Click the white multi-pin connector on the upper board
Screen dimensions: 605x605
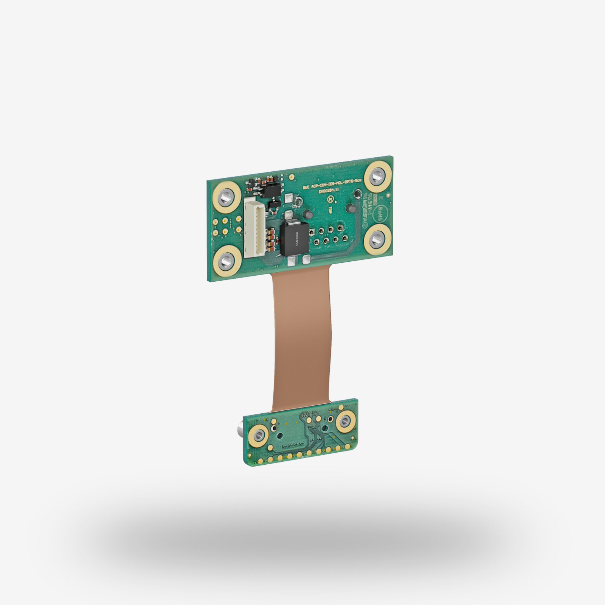point(254,228)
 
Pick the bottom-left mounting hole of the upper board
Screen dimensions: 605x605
point(227,261)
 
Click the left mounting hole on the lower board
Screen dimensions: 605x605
point(259,435)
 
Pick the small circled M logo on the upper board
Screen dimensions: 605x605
point(331,199)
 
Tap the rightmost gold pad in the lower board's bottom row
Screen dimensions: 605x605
point(348,447)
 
